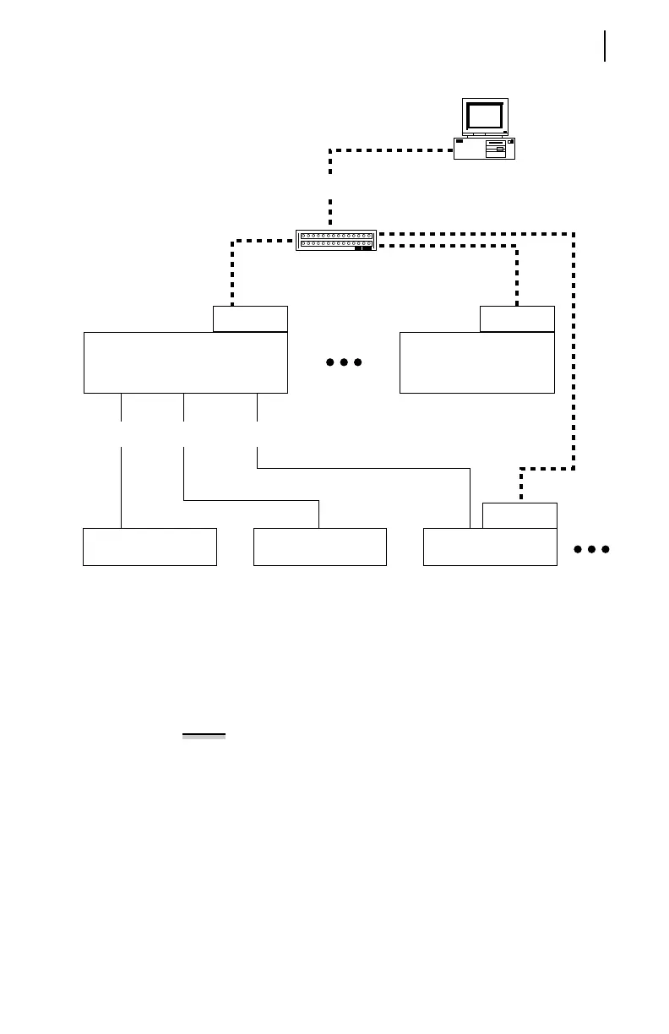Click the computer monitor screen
tap(486, 115)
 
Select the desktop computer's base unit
tap(484, 148)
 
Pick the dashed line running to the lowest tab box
tap(574, 355)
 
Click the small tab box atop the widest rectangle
tap(250, 318)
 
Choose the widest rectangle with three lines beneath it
tap(186, 362)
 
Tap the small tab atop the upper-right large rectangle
tap(517, 318)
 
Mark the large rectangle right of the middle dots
tap(476, 362)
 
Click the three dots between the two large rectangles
tap(344, 362)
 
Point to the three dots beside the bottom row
tap(591, 550)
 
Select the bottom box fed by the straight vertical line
tap(150, 547)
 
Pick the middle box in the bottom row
tap(320, 547)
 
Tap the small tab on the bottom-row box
tap(519, 515)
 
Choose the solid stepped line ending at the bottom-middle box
tap(253, 501)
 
